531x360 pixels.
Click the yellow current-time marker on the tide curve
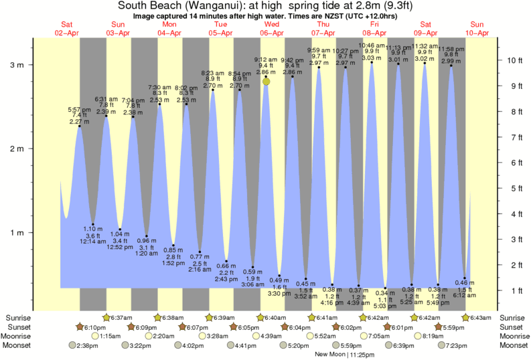(267, 81)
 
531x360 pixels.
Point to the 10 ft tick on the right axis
(515, 60)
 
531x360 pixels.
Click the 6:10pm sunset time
(94, 327)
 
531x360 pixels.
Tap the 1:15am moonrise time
(110, 336)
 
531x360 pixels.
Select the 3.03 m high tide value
(371, 58)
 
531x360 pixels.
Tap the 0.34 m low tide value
(384, 292)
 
